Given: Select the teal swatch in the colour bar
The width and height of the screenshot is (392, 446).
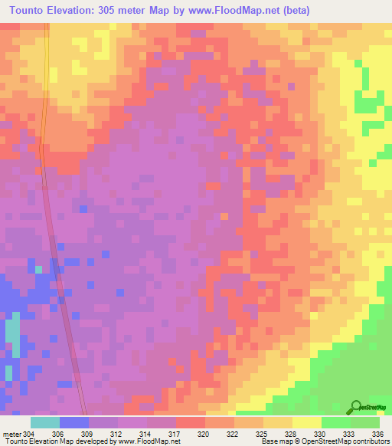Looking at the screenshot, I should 44,422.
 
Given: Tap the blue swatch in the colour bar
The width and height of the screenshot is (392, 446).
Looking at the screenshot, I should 73,422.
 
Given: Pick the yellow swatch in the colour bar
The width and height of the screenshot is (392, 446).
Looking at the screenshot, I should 306,422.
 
